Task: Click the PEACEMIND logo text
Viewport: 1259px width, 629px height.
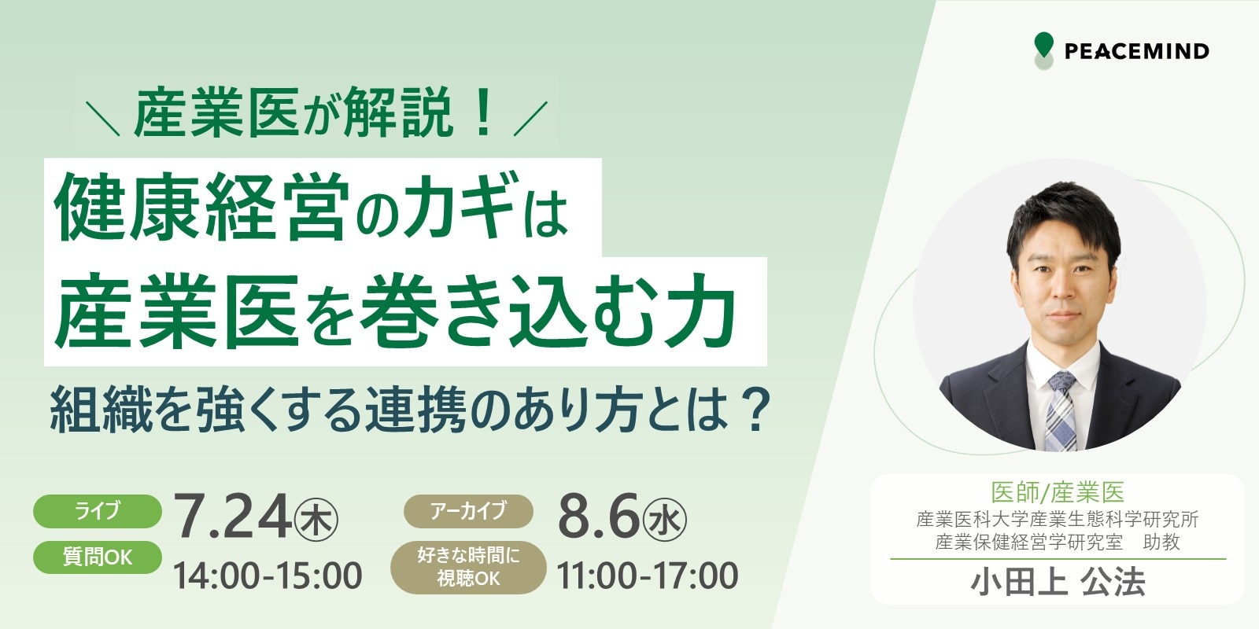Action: (x=1136, y=51)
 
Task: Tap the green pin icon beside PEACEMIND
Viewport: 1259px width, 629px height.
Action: (x=1043, y=50)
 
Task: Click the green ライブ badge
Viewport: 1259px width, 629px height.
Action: (x=98, y=511)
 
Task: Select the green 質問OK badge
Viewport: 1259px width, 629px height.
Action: (x=98, y=557)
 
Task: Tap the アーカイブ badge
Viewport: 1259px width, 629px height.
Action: (x=468, y=511)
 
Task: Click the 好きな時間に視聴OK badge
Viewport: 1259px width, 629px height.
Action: (x=468, y=567)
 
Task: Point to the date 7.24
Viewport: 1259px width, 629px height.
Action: (x=232, y=517)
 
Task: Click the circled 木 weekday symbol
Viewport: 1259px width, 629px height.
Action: (x=316, y=521)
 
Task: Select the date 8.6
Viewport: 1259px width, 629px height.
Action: (x=599, y=517)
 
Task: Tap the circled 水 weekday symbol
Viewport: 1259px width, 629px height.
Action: (x=665, y=521)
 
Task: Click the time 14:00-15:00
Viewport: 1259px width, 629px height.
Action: (x=268, y=576)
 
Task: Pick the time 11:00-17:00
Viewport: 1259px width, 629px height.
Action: (x=648, y=576)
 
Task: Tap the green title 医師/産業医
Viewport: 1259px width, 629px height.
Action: (x=1058, y=492)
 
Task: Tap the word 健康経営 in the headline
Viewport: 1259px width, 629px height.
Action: (x=200, y=207)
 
